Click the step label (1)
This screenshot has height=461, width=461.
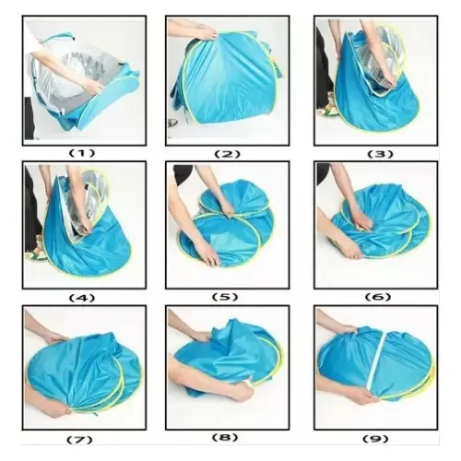coord(81,153)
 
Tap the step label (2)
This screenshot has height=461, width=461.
coord(228,154)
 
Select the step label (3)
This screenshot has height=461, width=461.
coord(381,154)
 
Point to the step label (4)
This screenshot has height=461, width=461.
coord(82,298)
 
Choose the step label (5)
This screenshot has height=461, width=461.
coord(225,297)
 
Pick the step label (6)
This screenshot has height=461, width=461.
coord(378,297)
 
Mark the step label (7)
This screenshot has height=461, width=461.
coord(79,440)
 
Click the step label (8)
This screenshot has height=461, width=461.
coord(225,437)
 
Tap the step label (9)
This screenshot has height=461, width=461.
coord(375,439)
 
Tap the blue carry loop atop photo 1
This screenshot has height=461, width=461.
coord(60,38)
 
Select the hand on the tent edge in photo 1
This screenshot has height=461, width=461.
coord(94,87)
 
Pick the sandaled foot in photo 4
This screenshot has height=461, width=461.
coord(36,251)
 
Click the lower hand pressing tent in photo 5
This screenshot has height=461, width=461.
coord(210,255)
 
